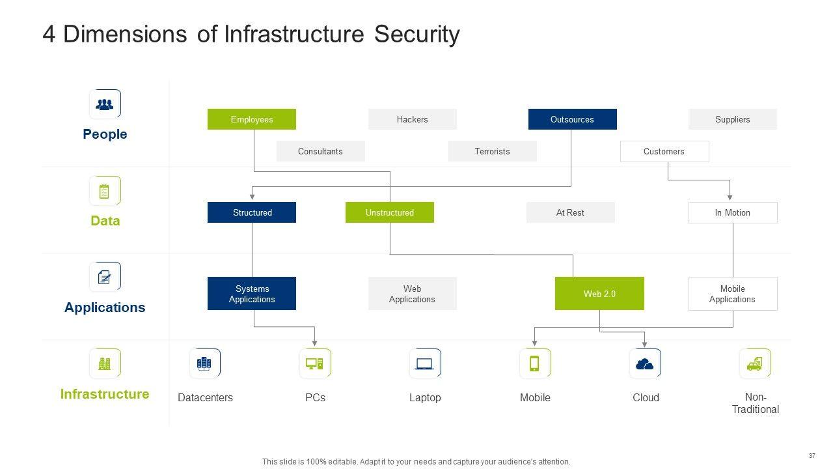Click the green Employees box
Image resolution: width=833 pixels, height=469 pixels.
pyautogui.click(x=252, y=119)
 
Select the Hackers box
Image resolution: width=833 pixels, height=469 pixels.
pyautogui.click(x=413, y=119)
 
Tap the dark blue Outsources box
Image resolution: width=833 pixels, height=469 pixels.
pyautogui.click(x=572, y=119)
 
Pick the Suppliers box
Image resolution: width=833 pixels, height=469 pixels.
pyautogui.click(x=732, y=119)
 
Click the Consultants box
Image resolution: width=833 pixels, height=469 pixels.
pyautogui.click(x=320, y=151)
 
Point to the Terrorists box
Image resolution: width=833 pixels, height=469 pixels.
pyautogui.click(x=492, y=151)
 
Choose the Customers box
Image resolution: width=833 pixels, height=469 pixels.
pyautogui.click(x=664, y=151)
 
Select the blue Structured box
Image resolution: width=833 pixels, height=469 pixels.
pyautogui.click(x=252, y=212)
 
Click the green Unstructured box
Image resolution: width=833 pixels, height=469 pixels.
pyautogui.click(x=389, y=212)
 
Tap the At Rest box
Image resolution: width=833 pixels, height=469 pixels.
pyautogui.click(x=570, y=212)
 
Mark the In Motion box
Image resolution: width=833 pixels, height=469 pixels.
pyautogui.click(x=732, y=212)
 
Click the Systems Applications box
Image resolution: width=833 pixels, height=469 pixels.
pyautogui.click(x=252, y=294)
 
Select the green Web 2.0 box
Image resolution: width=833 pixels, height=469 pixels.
pyautogui.click(x=599, y=294)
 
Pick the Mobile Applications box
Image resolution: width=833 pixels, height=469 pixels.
pyautogui.click(x=732, y=294)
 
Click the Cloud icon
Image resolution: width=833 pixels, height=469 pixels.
pyautogui.click(x=645, y=363)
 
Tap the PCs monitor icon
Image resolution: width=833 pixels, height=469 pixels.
pyautogui.click(x=315, y=363)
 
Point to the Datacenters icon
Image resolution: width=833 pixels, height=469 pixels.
pyautogui.click(x=204, y=363)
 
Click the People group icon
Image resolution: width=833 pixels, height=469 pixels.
pyautogui.click(x=105, y=104)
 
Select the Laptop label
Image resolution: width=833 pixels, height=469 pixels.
pyautogui.click(x=425, y=397)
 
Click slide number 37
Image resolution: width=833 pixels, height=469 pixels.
pyautogui.click(x=812, y=455)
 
